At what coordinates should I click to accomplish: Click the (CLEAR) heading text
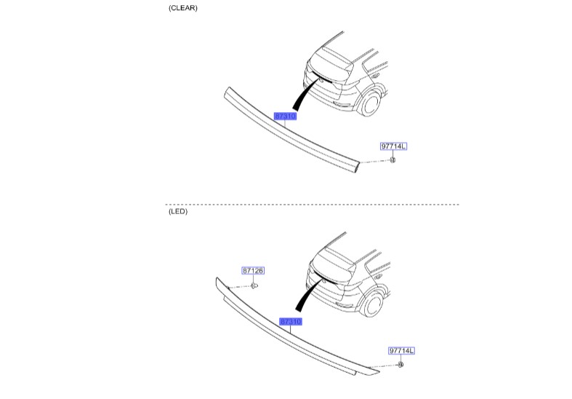[182, 8]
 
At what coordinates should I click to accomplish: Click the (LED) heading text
[177, 213]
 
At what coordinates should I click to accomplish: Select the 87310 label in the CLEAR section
[285, 116]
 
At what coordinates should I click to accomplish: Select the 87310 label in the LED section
[289, 320]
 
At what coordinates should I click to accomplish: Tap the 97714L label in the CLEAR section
[393, 146]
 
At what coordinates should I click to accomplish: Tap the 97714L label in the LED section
[400, 350]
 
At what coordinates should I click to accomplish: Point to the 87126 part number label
[253, 271]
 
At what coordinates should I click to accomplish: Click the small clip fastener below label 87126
[254, 286]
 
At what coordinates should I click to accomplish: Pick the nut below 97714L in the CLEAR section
[392, 159]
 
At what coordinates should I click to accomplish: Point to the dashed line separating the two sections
[313, 205]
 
